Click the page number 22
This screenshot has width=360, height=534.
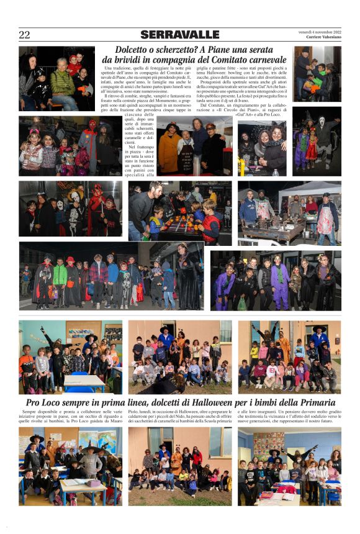click(x=24, y=35)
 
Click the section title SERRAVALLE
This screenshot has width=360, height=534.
click(x=180, y=35)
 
